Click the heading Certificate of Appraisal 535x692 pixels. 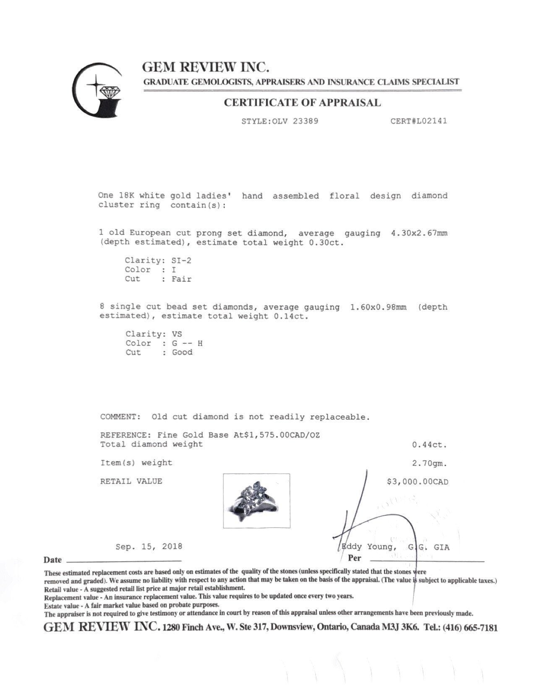point(302,103)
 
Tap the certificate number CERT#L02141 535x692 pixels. point(418,121)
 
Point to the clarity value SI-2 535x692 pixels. point(181,260)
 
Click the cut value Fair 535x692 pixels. point(181,279)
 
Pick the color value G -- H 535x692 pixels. point(187,343)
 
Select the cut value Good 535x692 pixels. point(182,352)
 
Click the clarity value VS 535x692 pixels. point(177,334)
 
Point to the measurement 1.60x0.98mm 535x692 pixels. point(378,307)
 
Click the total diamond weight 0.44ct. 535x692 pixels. point(429,445)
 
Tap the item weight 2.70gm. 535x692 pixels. point(429,463)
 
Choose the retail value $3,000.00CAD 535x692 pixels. point(417,482)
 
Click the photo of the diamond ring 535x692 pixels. point(256,500)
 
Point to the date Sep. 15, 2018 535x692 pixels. point(149,546)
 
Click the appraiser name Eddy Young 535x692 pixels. point(368,547)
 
